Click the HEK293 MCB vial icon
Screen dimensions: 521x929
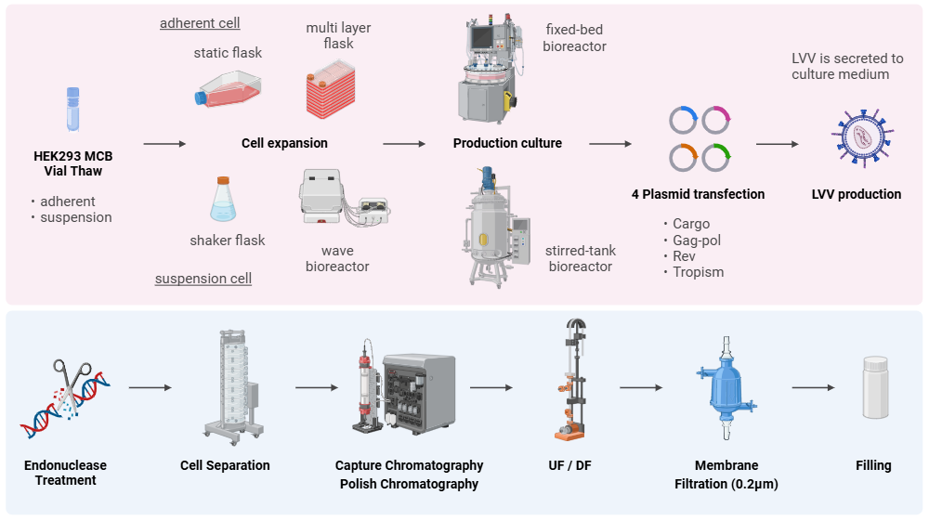point(73,110)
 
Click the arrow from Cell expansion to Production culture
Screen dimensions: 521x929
point(404,144)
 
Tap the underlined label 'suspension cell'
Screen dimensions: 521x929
point(203,279)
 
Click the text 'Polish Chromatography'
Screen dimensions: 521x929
point(409,484)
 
